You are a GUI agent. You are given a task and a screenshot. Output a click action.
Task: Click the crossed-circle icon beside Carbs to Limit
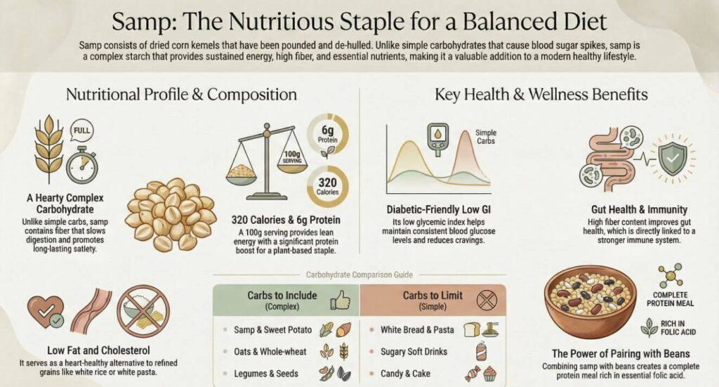[485, 300]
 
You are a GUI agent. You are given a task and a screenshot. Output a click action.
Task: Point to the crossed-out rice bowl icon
[143, 311]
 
